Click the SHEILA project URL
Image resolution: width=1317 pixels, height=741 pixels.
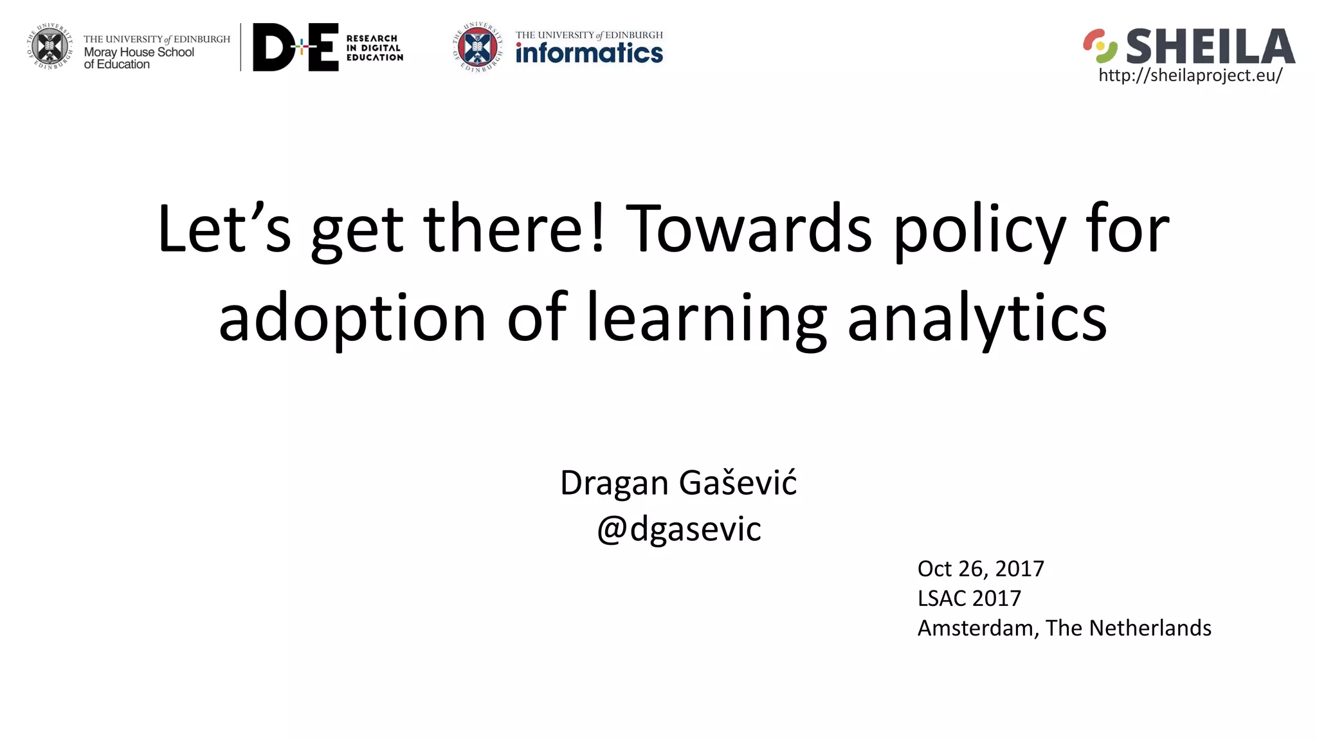pyautogui.click(x=1190, y=76)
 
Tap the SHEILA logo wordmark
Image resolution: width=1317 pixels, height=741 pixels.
pyautogui.click(x=1210, y=46)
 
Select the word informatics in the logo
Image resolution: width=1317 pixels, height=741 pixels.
pyautogui.click(x=589, y=53)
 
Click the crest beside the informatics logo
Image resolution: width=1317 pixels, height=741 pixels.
pyautogui.click(x=477, y=46)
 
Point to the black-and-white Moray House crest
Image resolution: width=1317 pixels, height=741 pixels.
pyautogui.click(x=50, y=46)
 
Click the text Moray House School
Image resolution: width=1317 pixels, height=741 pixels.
pyautogui.click(x=139, y=52)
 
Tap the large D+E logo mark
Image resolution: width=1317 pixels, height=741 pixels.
pyautogui.click(x=296, y=47)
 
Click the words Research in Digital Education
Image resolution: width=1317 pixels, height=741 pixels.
pyautogui.click(x=374, y=48)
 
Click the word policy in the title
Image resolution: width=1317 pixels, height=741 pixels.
pyautogui.click(x=979, y=230)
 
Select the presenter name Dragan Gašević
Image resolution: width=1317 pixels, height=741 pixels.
pyautogui.click(x=678, y=482)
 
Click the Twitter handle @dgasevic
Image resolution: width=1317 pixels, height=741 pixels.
pyautogui.click(x=678, y=529)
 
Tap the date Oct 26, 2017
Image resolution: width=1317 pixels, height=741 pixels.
pyautogui.click(x=981, y=569)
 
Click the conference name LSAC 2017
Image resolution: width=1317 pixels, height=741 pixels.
pyautogui.click(x=969, y=598)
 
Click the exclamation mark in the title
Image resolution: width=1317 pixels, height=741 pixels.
pyautogui.click(x=598, y=228)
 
